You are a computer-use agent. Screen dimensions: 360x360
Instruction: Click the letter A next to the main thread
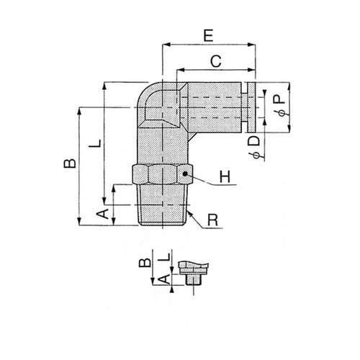pyautogui.click(x=102, y=214)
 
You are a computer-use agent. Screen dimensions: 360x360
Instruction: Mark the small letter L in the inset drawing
pyautogui.click(x=164, y=256)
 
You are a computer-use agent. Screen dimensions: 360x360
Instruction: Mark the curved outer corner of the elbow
pyautogui.click(x=143, y=93)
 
